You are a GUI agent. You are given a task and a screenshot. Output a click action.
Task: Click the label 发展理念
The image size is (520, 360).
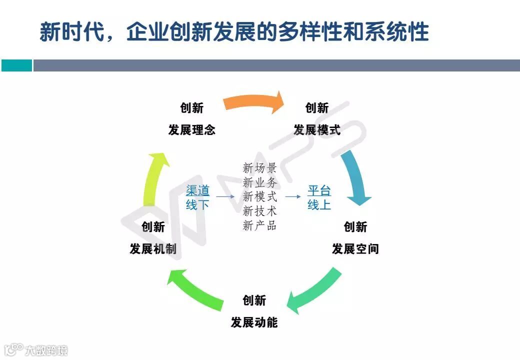191,130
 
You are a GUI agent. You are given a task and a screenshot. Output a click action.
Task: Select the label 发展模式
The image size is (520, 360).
316,130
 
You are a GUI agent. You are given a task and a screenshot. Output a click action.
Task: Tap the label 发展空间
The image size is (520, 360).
355,249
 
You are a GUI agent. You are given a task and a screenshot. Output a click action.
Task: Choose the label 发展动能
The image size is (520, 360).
254,322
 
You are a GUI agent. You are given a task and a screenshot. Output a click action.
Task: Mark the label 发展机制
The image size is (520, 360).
153,249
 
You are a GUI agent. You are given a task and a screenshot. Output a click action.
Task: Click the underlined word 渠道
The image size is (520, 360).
197,190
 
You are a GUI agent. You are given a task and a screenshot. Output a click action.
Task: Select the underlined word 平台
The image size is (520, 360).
319,190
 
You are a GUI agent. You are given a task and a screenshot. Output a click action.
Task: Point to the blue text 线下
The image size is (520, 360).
197,204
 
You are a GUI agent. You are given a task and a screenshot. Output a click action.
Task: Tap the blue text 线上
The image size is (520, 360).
319,204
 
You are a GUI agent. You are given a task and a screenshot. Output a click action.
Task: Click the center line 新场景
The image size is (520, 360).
259,168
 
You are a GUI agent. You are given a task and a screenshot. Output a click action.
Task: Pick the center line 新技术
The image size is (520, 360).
259,211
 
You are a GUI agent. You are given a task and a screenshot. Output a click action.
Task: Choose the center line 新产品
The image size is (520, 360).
259,225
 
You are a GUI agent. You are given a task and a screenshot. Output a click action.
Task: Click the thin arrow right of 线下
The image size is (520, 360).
225,197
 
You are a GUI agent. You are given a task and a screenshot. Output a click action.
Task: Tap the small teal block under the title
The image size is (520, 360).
16,65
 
